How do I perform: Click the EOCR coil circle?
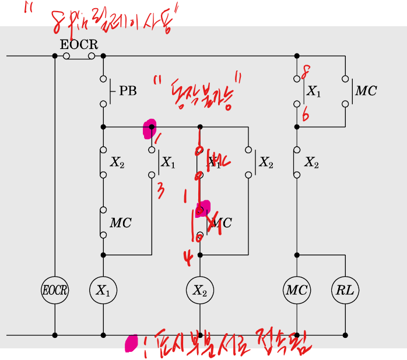[55, 290]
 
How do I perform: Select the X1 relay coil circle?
[103, 290]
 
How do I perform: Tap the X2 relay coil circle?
[200, 290]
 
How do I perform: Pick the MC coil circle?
[297, 290]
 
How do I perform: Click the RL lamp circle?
[345, 290]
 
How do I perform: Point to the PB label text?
[128, 91]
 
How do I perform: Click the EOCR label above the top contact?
[79, 44]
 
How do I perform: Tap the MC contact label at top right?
[366, 91]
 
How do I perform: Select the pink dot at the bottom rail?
[131, 343]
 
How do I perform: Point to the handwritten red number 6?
[305, 115]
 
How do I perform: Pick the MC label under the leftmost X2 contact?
[121, 223]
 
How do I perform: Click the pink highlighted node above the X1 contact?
[150, 129]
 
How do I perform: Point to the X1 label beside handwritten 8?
[314, 91]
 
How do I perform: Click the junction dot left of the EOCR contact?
[55, 56]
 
